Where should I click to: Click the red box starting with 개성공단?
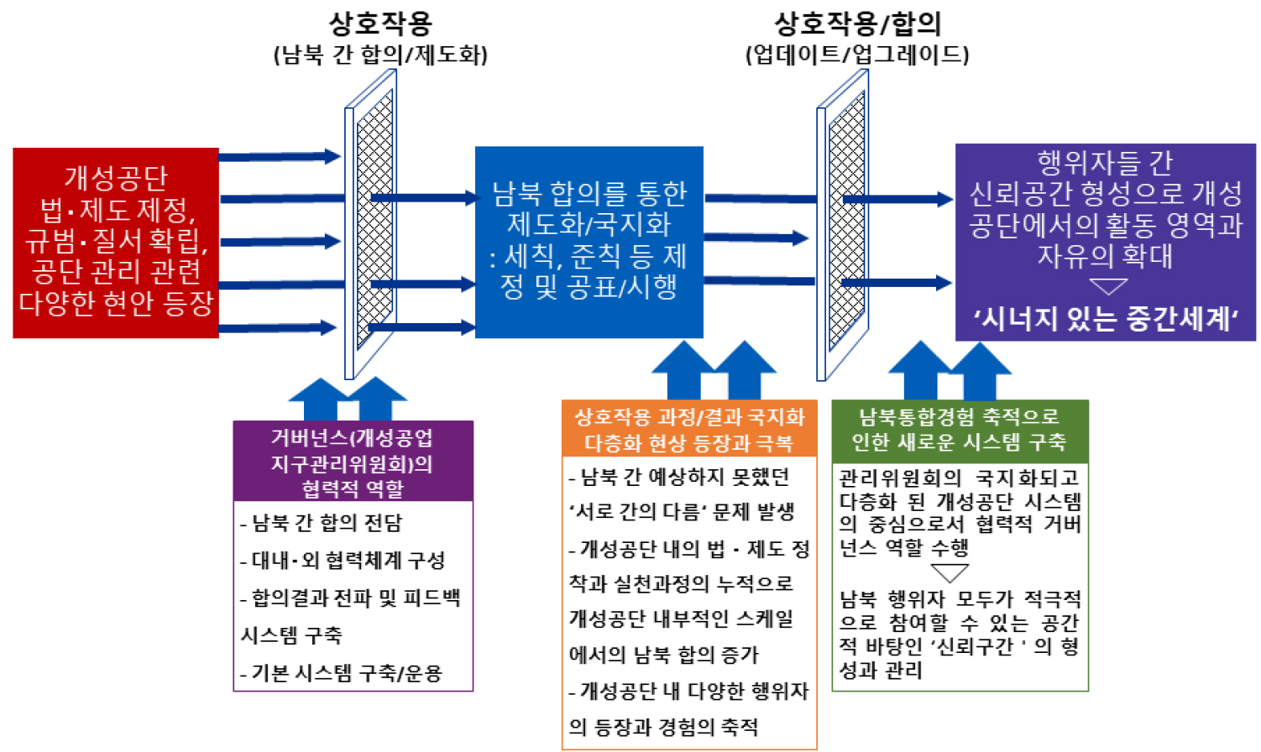tap(116, 243)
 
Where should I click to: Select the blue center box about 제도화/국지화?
tap(589, 242)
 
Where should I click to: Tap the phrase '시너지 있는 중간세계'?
tap(1105, 319)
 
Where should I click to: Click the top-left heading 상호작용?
tap(379, 23)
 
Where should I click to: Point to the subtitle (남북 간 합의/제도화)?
tap(380, 55)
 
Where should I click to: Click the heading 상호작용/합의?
tap(856, 23)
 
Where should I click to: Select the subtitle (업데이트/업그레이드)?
tap(857, 55)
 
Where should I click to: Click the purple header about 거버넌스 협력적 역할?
tap(353, 462)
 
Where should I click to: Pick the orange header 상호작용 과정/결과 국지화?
tap(688, 429)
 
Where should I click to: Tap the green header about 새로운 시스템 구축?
tap(959, 429)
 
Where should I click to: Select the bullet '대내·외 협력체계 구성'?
tap(343, 560)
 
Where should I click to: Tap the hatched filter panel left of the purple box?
tap(846, 222)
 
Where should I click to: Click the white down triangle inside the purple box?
tap(1107, 287)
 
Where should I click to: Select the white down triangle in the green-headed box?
tap(950, 573)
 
